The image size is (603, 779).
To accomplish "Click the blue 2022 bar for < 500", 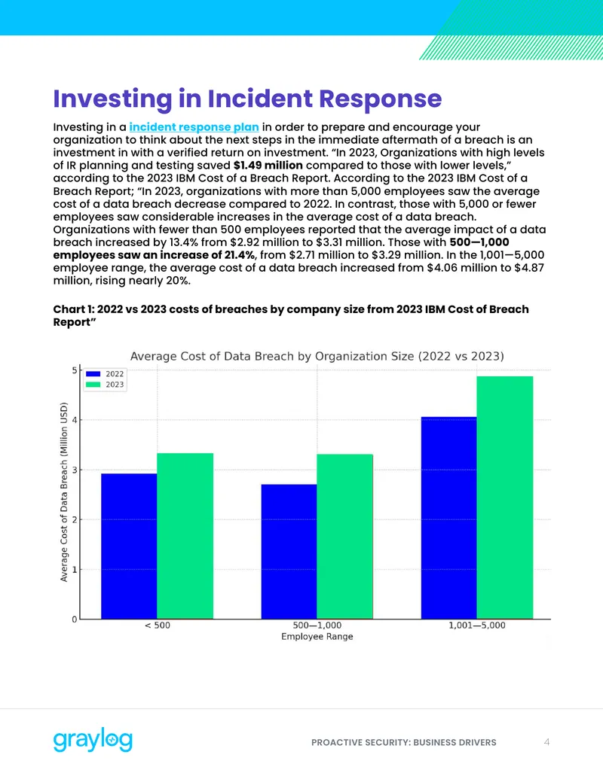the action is (x=130, y=546).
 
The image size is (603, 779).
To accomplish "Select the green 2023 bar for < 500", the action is (x=185, y=536).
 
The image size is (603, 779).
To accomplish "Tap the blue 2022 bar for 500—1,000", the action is (x=289, y=552).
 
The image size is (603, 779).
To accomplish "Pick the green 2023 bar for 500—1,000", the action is (x=344, y=537).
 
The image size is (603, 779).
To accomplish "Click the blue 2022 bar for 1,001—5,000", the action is (x=448, y=518).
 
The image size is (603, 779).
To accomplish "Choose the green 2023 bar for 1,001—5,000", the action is (x=504, y=498).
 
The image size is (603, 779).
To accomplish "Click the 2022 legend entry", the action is (x=105, y=373).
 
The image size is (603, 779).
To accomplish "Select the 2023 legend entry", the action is (x=105, y=385).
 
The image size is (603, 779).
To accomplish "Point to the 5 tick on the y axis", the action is (x=75, y=370).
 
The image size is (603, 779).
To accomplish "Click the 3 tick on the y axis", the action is (x=75, y=470).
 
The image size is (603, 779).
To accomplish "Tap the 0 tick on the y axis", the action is (x=75, y=619).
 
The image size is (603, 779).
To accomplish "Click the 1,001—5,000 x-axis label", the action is (x=476, y=625).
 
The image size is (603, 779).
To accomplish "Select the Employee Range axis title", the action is (x=317, y=637).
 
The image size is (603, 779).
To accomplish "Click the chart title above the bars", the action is (x=317, y=356).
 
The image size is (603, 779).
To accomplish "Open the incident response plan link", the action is (x=194, y=127).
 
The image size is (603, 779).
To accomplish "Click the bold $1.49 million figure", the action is (x=268, y=165).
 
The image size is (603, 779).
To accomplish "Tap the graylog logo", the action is (x=93, y=741).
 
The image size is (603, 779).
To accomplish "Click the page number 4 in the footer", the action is (x=546, y=742).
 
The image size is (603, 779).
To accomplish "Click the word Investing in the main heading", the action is (x=112, y=99).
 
